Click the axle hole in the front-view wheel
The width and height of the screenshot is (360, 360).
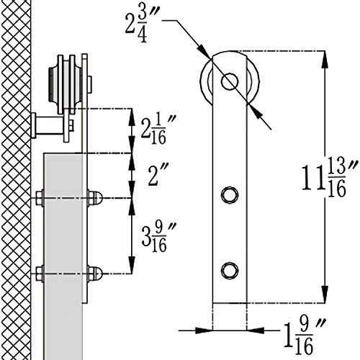[229, 81]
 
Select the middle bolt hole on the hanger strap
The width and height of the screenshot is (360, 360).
[229, 195]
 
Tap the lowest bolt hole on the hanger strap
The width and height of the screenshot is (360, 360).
[229, 269]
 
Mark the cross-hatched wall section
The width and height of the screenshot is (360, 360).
[16, 180]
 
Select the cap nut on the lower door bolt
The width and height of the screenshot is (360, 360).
[95, 273]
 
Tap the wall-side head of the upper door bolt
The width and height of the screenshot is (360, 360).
[39, 196]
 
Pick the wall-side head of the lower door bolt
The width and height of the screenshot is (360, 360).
[39, 273]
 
